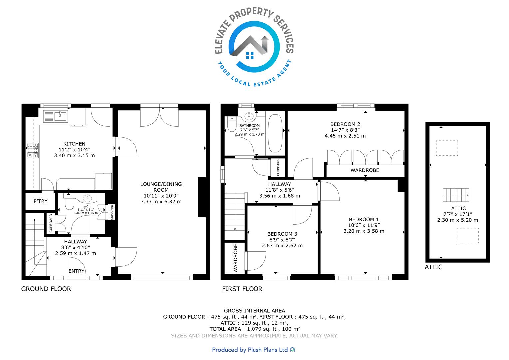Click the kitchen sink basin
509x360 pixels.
(x=61, y=116)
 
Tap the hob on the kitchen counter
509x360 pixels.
(x=33, y=150)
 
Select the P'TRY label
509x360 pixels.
(x=40, y=201)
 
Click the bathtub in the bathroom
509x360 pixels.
(x=275, y=133)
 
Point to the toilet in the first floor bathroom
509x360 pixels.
(x=232, y=124)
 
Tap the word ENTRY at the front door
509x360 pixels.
(x=76, y=271)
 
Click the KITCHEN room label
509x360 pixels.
(x=74, y=144)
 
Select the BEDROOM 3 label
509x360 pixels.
(x=282, y=234)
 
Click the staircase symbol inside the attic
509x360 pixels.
(x=456, y=195)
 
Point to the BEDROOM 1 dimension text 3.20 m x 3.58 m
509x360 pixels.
(x=364, y=231)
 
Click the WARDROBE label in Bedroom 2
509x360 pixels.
(x=365, y=170)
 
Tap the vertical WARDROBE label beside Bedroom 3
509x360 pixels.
(x=235, y=258)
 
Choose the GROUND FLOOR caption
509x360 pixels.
(x=46, y=289)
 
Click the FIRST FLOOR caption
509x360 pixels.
(x=242, y=289)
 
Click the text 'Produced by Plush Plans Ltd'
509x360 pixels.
(x=250, y=350)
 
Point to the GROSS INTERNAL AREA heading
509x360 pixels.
(x=254, y=311)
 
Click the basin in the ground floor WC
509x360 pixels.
(x=87, y=198)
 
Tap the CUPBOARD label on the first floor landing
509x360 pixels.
(x=278, y=168)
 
